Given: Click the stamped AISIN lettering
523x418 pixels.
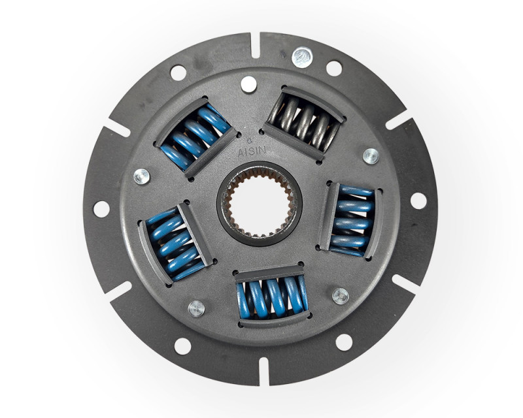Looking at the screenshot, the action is point(252,152).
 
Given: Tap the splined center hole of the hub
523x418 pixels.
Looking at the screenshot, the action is point(260,203).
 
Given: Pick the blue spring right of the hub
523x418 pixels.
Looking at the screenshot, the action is point(354,220).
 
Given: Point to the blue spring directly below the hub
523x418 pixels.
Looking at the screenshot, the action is point(272,296).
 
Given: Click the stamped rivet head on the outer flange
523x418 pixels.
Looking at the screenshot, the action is point(302,57).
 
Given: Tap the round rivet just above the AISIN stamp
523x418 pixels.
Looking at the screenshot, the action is point(248,84).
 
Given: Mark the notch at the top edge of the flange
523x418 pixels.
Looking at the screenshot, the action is point(255,45).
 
